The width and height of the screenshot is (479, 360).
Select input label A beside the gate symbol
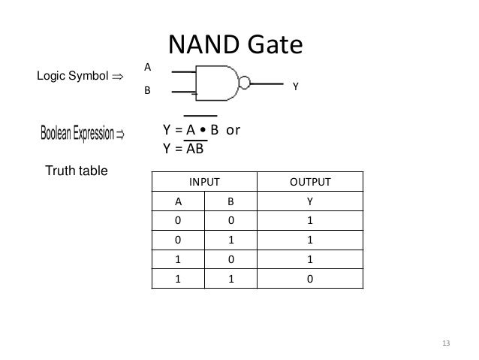[x=147, y=68]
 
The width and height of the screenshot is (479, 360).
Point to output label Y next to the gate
[x=296, y=87]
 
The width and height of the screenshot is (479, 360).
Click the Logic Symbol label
[x=74, y=76]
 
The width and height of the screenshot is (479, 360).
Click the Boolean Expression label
[x=83, y=135]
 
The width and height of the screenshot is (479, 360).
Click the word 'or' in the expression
[x=233, y=129]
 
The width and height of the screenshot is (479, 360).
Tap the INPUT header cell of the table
[x=204, y=182]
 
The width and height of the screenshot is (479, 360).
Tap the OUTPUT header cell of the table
[x=309, y=182]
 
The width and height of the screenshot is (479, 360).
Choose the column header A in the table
[x=178, y=201]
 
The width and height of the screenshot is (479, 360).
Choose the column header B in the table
[x=230, y=201]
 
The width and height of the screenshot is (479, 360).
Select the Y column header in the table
[x=309, y=201]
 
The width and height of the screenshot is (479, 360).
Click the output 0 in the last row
[x=309, y=278]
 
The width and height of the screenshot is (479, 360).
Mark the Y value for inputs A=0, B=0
[x=309, y=221]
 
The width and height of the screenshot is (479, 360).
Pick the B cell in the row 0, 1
[x=230, y=240]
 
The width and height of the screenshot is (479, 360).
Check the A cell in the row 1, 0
[x=178, y=259]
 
